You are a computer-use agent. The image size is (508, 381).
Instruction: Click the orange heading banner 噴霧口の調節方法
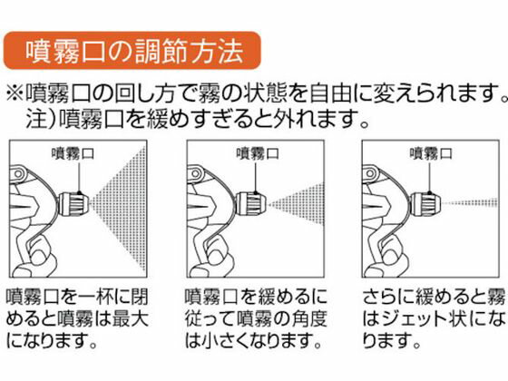[x=132, y=51]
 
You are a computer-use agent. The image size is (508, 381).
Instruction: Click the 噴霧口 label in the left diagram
[x=73, y=153]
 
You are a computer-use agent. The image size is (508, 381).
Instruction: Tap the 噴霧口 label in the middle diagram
[x=258, y=153]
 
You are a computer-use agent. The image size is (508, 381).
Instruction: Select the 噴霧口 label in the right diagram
[x=431, y=153]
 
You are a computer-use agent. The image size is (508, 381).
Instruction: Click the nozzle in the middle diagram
[x=250, y=204]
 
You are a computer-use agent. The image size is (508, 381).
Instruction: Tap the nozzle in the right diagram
[x=426, y=204]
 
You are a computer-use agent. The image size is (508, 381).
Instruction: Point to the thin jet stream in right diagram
[x=471, y=203]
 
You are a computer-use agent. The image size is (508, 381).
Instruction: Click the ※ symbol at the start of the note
[x=15, y=93]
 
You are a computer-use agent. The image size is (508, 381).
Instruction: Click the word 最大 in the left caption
[x=131, y=318]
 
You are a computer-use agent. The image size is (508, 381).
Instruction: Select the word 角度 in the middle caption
[x=308, y=318]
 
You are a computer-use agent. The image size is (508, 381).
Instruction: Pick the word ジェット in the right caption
[x=415, y=318]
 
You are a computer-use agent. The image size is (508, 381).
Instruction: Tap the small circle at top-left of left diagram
[x=18, y=174]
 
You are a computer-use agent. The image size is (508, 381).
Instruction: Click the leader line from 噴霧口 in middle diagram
[x=256, y=178]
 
